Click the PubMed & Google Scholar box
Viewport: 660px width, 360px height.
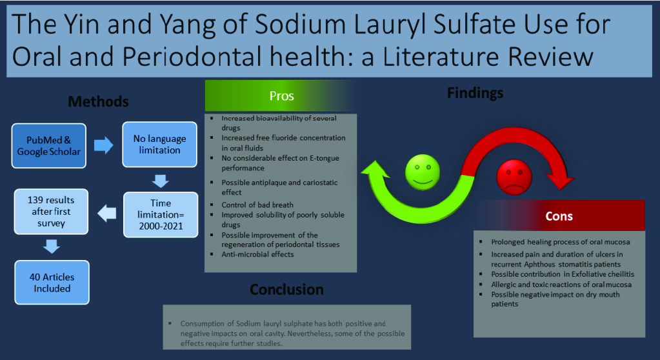(x=49, y=146)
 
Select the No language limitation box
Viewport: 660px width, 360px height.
(x=159, y=145)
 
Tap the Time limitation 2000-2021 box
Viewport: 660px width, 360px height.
(x=161, y=215)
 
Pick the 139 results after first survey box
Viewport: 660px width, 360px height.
(x=51, y=212)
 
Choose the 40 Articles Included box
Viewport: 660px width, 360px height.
(x=52, y=283)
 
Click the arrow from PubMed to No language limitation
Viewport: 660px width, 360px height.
(x=103, y=145)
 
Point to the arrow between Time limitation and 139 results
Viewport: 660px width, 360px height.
(x=107, y=214)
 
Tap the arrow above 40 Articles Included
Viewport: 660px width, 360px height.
(x=52, y=246)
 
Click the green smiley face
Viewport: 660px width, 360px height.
(x=422, y=172)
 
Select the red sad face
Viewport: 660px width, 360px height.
(x=514, y=177)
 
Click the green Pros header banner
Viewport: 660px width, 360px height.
(x=281, y=96)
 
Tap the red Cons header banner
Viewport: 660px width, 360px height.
(x=559, y=216)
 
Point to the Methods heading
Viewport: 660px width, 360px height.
(x=99, y=101)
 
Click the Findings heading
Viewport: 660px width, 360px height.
(x=475, y=93)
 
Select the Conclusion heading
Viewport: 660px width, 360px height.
(x=286, y=289)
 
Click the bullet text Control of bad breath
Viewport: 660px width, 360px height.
(x=257, y=205)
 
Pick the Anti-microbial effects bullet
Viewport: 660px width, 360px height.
(x=257, y=254)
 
